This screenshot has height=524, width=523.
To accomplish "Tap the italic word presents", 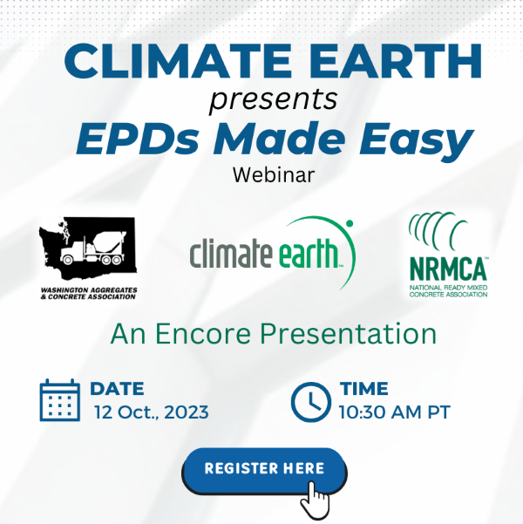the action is click(274, 99).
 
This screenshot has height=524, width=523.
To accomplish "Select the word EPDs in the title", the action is click(138, 139).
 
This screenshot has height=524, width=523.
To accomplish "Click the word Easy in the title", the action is click(417, 141).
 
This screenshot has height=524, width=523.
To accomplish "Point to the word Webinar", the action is click(274, 174).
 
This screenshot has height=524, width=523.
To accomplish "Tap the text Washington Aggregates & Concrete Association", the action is click(89, 293).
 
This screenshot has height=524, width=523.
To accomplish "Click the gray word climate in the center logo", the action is click(231, 253).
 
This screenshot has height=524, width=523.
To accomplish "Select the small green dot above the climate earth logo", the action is click(350, 223).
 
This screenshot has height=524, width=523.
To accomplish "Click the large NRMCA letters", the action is click(448, 269).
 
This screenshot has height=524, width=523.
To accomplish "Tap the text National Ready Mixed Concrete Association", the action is click(448, 291).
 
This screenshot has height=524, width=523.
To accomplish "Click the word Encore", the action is click(203, 334).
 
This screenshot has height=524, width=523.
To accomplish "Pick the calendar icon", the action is click(60, 400).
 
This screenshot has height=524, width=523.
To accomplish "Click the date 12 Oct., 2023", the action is click(152, 412).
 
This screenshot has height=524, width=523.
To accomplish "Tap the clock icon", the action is click(311, 402).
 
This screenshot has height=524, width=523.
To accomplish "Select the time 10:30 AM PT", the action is click(395, 412).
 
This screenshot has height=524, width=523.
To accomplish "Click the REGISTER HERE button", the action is click(264, 471).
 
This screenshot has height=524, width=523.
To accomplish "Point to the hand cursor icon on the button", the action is click(315, 500).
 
